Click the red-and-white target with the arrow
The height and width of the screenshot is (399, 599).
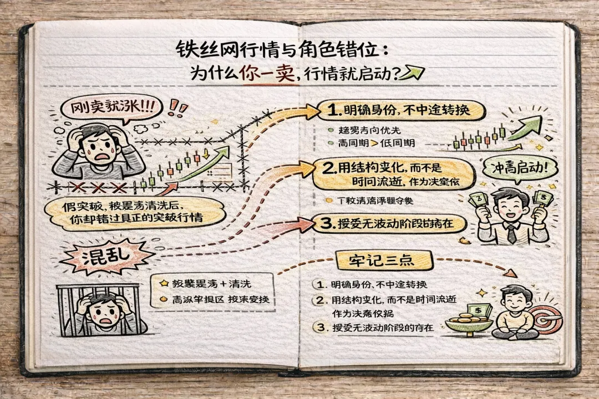(x=547, y=318)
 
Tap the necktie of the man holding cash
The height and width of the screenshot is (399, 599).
(x=511, y=233)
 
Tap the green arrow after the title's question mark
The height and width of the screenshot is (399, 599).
(x=414, y=73)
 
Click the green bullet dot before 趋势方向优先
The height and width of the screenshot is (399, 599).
(x=331, y=131)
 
